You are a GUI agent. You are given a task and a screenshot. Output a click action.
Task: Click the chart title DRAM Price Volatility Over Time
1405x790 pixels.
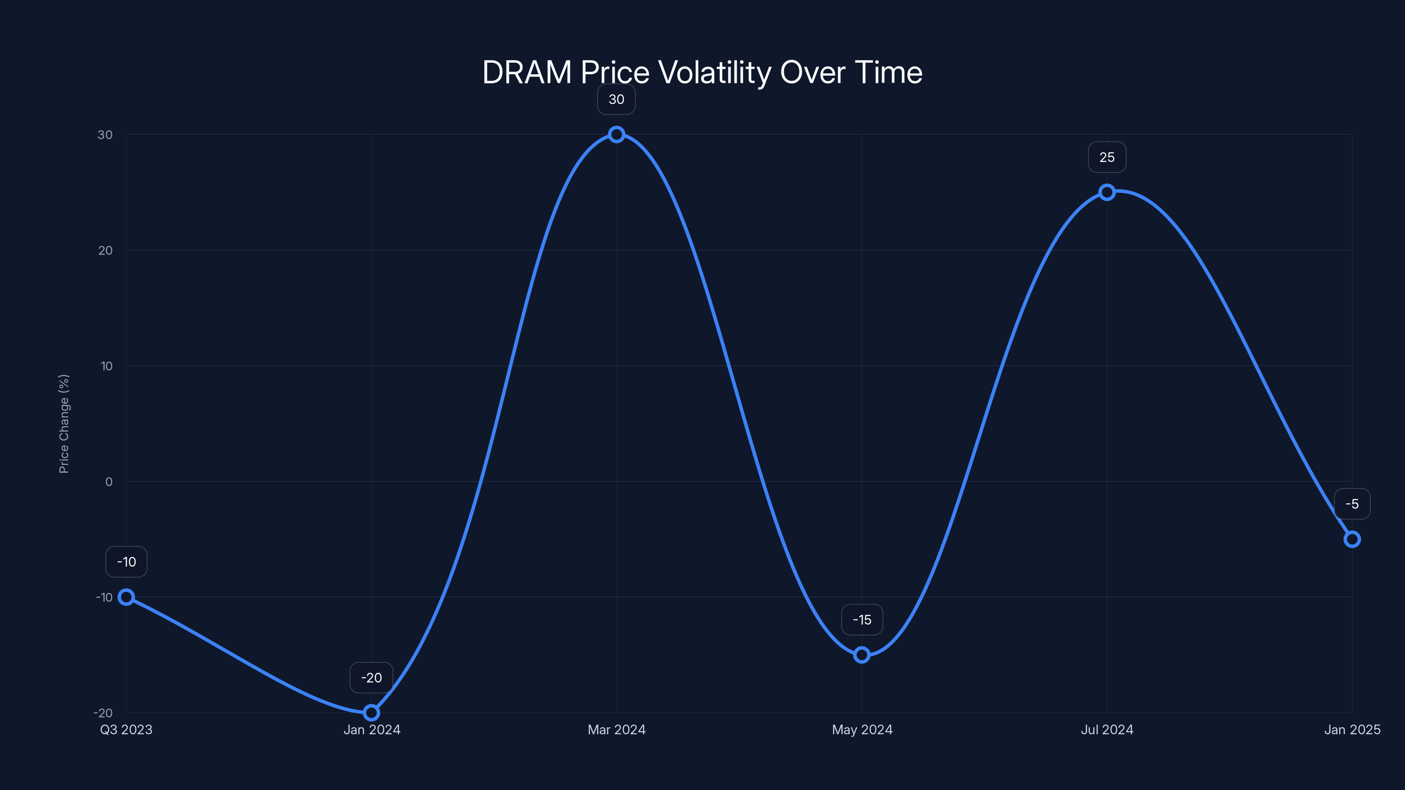pos(702,72)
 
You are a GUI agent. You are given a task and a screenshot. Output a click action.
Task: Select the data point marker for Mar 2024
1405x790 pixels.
pos(616,135)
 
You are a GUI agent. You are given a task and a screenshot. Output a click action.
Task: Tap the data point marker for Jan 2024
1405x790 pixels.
pos(371,713)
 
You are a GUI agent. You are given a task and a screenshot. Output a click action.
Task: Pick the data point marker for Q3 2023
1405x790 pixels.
pos(126,597)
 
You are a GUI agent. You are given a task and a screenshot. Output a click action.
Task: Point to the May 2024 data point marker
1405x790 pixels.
pos(862,655)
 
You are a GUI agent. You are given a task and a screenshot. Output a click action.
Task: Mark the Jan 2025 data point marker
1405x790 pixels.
pos(1352,539)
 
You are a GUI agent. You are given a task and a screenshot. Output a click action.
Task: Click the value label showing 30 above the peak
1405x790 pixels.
pos(616,100)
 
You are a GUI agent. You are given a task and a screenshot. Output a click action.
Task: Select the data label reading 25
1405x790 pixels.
pos(1106,158)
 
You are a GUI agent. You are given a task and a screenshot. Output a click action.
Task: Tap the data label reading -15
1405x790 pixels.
pos(862,620)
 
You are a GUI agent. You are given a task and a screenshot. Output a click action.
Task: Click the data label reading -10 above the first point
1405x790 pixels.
pos(126,562)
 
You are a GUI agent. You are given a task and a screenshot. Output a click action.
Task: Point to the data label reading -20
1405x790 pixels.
pos(371,678)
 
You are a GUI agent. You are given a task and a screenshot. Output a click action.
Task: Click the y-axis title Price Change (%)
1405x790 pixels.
pos(64,424)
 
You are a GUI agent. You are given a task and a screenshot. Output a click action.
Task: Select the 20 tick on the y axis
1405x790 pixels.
pos(105,250)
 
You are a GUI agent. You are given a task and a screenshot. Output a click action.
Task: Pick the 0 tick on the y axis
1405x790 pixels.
pos(108,481)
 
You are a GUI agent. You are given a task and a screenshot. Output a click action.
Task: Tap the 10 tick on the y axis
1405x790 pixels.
pos(106,366)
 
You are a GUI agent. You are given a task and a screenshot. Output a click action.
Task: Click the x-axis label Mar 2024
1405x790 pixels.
pos(616,729)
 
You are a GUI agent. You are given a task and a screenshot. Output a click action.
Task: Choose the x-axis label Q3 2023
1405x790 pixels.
pos(126,729)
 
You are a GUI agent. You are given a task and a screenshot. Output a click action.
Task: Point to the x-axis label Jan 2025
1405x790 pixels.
pos(1352,729)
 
